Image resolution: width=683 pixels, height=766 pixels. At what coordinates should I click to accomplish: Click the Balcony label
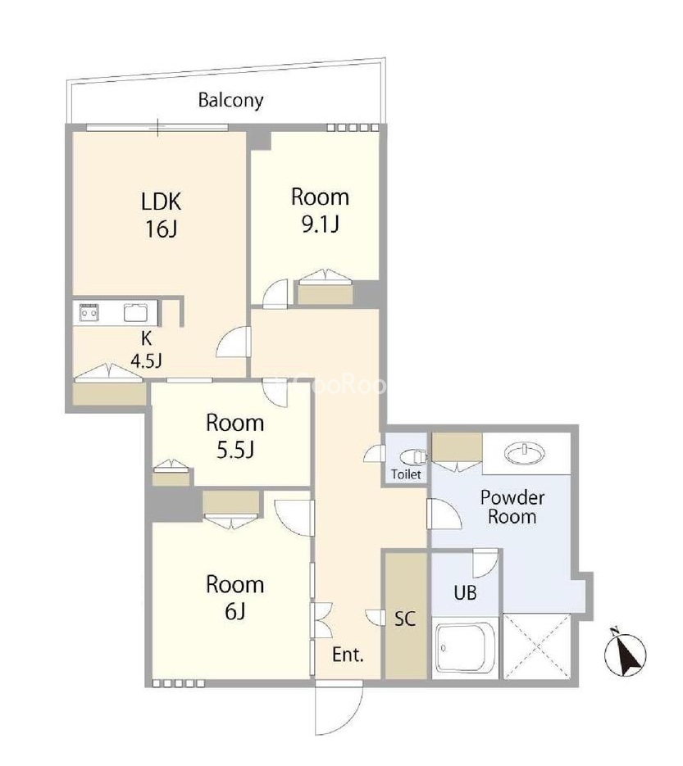point(230,100)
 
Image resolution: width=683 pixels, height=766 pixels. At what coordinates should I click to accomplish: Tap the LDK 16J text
point(161,215)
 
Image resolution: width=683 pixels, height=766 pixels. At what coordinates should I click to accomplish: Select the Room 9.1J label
point(320,210)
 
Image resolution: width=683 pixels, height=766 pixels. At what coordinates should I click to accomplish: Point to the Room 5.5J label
point(234,436)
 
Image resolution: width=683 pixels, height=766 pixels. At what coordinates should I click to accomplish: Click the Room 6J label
point(234,597)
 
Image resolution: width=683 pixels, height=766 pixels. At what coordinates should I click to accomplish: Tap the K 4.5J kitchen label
point(146,349)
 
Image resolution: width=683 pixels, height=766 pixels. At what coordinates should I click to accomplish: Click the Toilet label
point(406,474)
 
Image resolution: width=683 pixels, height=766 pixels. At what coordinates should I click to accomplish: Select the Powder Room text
point(512,506)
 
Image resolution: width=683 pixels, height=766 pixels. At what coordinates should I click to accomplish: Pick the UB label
point(465,592)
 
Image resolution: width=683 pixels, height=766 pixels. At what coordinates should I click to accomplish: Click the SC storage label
point(405,619)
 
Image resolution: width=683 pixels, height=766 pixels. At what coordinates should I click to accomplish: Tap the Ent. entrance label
point(348,655)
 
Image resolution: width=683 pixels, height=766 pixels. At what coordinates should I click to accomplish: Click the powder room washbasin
point(525,453)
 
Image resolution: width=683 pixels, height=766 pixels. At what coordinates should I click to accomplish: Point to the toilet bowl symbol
point(413,457)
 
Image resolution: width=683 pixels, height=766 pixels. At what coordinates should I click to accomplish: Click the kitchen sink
point(135,312)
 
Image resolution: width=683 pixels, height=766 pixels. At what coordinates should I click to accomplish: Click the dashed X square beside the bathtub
point(537,646)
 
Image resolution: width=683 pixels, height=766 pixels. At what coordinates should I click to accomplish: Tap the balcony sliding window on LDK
point(157,128)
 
